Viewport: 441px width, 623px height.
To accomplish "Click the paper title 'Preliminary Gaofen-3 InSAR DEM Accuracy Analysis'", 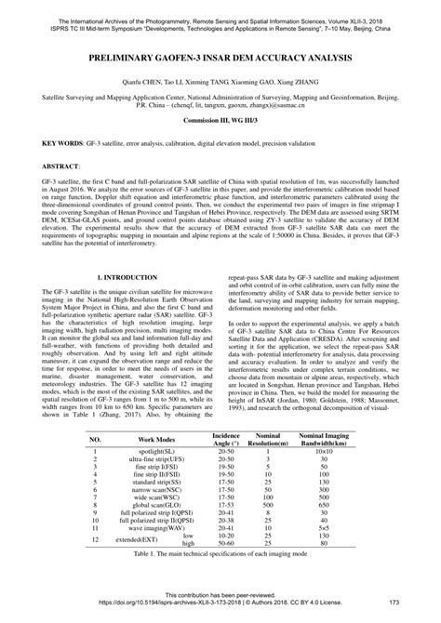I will (220, 57).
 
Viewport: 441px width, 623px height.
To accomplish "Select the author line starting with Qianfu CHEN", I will (220, 82).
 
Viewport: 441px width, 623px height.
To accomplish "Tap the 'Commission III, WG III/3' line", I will (220, 122).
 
